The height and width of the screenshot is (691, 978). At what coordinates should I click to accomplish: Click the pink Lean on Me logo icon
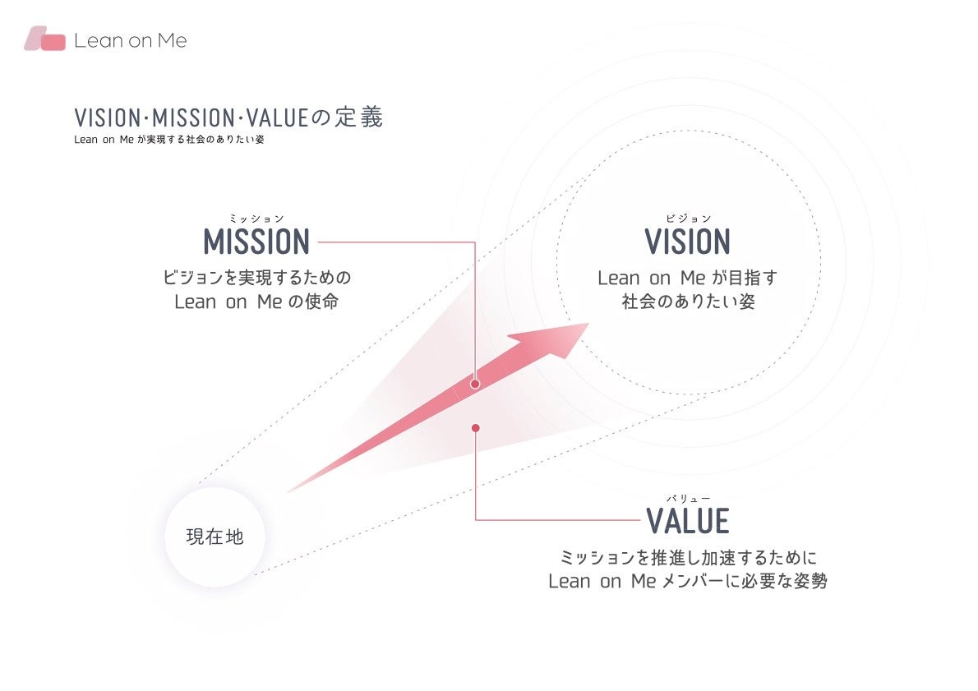[45, 39]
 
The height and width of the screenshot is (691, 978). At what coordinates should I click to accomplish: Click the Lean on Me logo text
[130, 40]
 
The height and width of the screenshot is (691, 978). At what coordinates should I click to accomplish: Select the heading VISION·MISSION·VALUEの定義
[228, 117]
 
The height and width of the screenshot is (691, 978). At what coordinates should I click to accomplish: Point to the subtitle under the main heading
[168, 140]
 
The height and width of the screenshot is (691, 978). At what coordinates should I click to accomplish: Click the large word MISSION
[256, 242]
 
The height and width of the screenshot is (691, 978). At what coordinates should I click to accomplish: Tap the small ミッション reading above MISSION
[256, 219]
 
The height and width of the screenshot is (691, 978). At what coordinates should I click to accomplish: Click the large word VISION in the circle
[687, 242]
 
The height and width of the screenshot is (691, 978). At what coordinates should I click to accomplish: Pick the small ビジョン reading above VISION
[688, 219]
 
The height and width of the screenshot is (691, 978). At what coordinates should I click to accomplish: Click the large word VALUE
[688, 521]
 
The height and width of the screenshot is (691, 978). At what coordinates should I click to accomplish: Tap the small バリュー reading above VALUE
[688, 498]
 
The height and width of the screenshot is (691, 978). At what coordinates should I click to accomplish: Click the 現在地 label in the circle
[215, 537]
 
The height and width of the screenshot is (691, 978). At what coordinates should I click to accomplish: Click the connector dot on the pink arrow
[475, 383]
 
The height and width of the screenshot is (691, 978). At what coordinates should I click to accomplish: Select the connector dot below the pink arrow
[475, 427]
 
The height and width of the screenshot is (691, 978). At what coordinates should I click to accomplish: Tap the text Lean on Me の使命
[256, 302]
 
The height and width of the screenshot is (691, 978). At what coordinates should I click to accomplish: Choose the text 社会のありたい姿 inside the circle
[688, 302]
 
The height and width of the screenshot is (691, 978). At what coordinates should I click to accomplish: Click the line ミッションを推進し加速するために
[687, 558]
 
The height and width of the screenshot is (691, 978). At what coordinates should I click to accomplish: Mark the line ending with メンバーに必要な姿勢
[687, 582]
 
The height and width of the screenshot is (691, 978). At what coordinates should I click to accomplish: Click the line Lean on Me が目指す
[687, 278]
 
